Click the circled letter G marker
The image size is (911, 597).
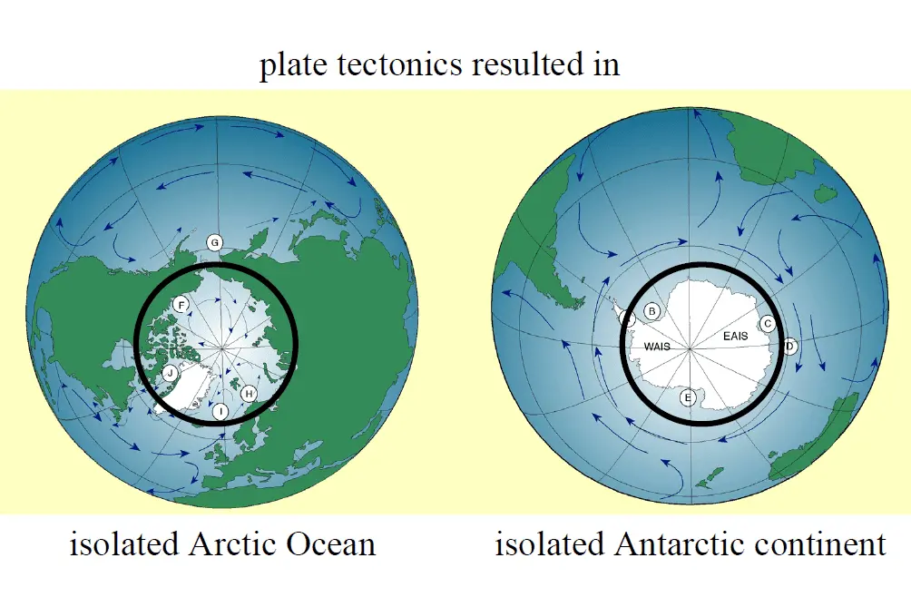pos(215,242)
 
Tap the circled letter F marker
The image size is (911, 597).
pos(181,305)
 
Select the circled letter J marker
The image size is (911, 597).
pos(170,373)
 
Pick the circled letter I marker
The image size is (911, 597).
pos(220,412)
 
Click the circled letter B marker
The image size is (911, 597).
pos(651,311)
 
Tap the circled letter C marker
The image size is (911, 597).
pos(768,323)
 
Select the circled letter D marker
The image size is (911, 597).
pos(789,346)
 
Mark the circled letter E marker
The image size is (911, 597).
pos(688,397)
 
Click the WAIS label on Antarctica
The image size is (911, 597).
pos(657,347)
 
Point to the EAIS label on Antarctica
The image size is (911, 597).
pos(736,337)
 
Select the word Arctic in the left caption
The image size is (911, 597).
pos(235,545)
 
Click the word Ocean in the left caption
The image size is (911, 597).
pos(330,545)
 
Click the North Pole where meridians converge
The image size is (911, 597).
pos(223,347)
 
